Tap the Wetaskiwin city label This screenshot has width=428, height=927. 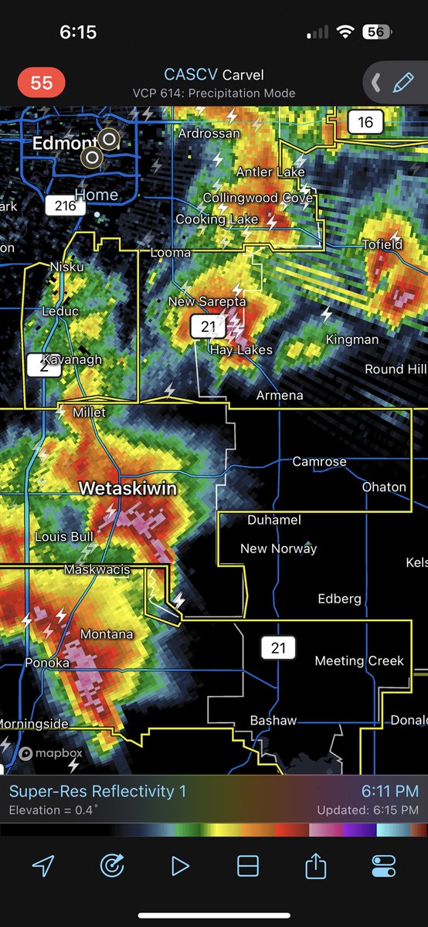coord(127,489)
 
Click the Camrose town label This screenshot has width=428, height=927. coord(319,461)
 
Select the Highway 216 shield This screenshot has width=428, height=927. coord(65,205)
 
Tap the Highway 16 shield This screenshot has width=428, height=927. coord(365,121)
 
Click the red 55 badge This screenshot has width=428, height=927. coord(42,83)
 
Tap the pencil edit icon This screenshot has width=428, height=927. coord(403,83)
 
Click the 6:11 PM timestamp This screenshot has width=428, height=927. coord(389,791)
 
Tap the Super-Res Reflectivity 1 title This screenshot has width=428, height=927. coord(97,791)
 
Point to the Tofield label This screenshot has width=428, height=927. coord(382,245)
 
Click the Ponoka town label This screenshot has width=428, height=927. coord(47,663)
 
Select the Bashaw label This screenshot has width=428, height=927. coord(273,721)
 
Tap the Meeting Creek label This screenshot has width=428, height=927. coord(359,660)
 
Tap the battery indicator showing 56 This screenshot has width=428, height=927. coord(376,32)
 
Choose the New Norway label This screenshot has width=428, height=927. coord(278,548)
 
